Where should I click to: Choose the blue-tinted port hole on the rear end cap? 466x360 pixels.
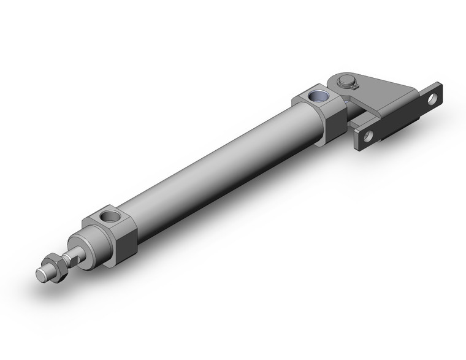click(319, 96)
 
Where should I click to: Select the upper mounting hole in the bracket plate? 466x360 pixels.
click(433, 98)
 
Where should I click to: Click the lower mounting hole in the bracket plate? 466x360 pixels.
click(368, 136)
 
